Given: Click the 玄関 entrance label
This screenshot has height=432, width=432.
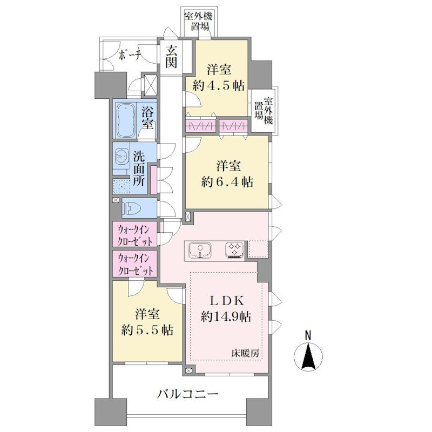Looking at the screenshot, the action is tap(171, 57).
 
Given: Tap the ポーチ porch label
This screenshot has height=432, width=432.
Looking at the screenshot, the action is tap(130, 56).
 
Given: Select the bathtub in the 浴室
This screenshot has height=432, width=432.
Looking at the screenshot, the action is tap(126, 120).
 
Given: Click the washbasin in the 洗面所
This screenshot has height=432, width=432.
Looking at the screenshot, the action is tap(120, 157).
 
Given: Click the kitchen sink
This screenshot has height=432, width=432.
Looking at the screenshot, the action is tap(200, 250).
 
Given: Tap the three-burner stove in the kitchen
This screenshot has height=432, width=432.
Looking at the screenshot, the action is tap(234, 250).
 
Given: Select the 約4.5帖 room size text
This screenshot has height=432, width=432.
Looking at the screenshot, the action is tap(219, 86).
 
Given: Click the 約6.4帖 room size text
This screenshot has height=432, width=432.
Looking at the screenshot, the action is tap(227, 182).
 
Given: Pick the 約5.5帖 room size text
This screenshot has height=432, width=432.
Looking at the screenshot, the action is tap(147, 330).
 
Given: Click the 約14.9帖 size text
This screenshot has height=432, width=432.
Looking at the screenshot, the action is tap(226, 317).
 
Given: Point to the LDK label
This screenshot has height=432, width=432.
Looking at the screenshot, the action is tap(227, 301).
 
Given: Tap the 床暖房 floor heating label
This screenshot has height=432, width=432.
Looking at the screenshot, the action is tap(245, 353).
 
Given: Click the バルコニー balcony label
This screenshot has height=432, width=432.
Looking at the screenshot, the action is tap(187, 394).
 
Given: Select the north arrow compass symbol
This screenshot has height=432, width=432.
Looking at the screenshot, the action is tap(308, 353).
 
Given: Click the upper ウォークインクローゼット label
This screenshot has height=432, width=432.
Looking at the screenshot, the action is tap(134, 235).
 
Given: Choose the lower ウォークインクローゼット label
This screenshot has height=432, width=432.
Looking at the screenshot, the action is tap(134, 265).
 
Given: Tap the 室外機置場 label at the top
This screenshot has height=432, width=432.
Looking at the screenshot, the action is tap(198, 22).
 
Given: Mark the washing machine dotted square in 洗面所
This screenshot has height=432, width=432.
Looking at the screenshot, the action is tap(121, 186).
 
